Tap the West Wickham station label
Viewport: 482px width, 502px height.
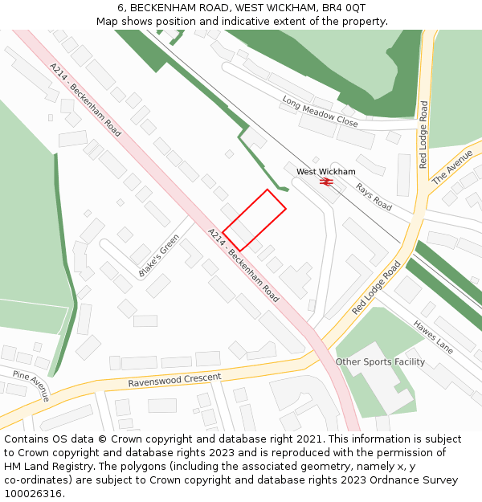click(x=325, y=172)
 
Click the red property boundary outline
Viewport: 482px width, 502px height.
click(x=254, y=220)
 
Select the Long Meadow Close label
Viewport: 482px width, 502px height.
click(x=320, y=112)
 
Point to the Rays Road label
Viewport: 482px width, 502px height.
click(x=373, y=197)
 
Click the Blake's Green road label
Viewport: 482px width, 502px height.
click(x=159, y=256)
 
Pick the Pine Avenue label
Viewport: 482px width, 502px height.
click(x=31, y=386)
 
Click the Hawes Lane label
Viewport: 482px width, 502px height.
click(x=433, y=336)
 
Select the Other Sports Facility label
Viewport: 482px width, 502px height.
click(x=380, y=361)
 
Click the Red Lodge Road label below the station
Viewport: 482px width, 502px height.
click(x=376, y=288)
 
